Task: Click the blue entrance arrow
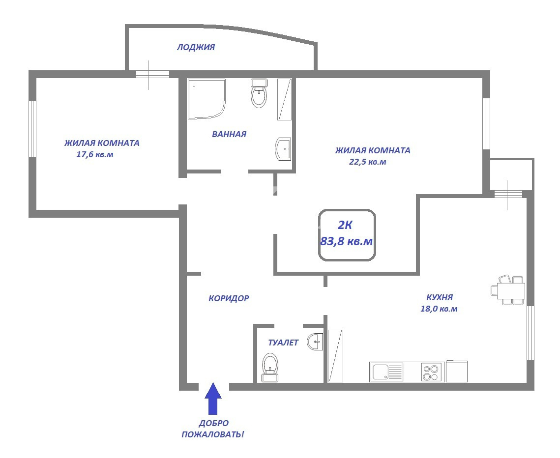pyautogui.click(x=213, y=399)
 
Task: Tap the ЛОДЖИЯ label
pyautogui.click(x=196, y=47)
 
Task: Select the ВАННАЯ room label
pyautogui.click(x=229, y=134)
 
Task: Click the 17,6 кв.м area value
pyautogui.click(x=94, y=155)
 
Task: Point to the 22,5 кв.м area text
pyautogui.click(x=367, y=162)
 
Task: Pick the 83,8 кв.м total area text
pyautogui.click(x=347, y=241)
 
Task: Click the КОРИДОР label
pyautogui.click(x=229, y=298)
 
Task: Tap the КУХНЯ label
pyautogui.click(x=440, y=297)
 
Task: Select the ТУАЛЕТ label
pyautogui.click(x=283, y=343)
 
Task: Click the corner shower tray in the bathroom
pyautogui.click(x=206, y=99)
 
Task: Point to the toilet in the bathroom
pyautogui.click(x=259, y=93)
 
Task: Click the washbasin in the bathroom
pyautogui.click(x=283, y=148)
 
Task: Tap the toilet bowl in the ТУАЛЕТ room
pyautogui.click(x=270, y=367)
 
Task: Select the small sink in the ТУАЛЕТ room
pyautogui.click(x=315, y=342)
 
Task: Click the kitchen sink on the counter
pyautogui.click(x=386, y=372)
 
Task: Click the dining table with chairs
pyautogui.click(x=508, y=290)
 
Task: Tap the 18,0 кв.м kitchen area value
pyautogui.click(x=439, y=309)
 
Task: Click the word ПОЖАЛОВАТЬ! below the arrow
pyautogui.click(x=213, y=435)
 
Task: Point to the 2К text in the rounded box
pyautogui.click(x=345, y=225)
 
